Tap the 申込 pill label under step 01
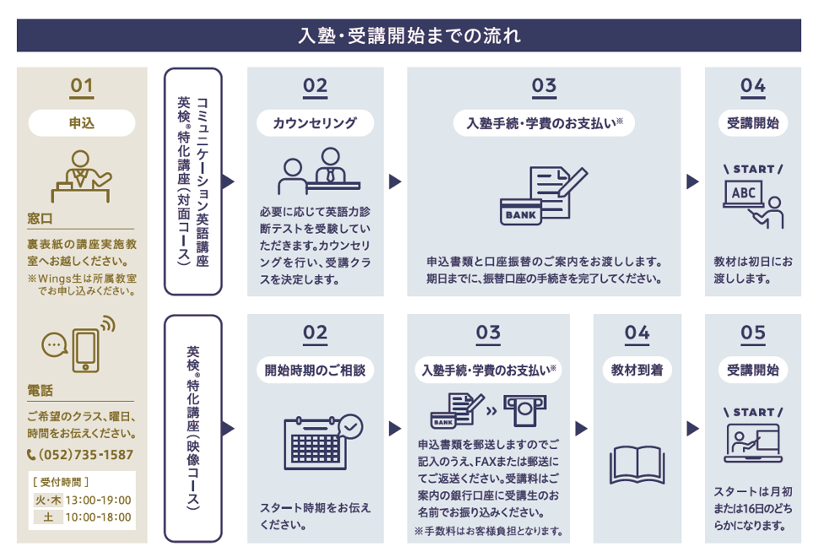(82, 123)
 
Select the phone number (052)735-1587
(80, 454)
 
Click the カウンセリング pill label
(315, 123)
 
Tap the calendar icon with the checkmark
(321, 441)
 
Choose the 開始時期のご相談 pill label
(315, 370)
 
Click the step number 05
(752, 333)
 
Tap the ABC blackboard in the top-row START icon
(743, 193)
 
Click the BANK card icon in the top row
(520, 214)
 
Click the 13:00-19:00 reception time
(98, 500)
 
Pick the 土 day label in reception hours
(47, 517)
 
